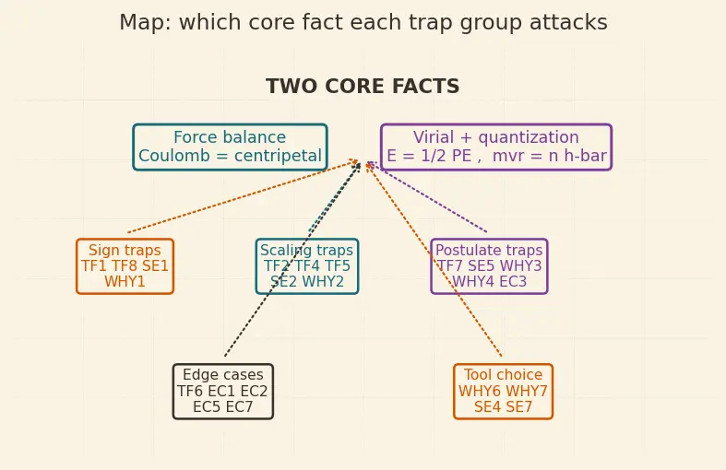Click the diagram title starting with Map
[363, 22]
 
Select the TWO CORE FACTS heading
[363, 87]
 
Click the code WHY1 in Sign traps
[125, 282]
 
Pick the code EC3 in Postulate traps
[514, 282]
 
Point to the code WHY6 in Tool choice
[479, 392]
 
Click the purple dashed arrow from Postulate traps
[427, 196]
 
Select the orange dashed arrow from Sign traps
[244, 196]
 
